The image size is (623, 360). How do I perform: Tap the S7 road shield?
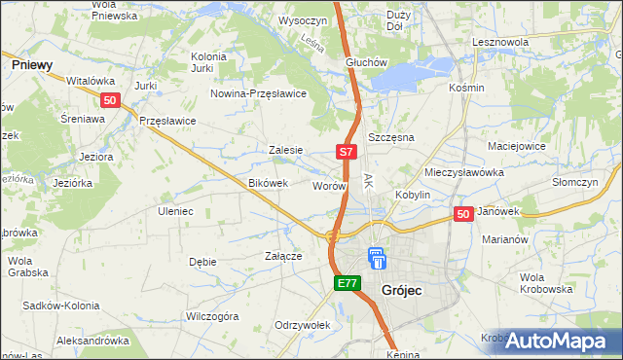click(348, 152)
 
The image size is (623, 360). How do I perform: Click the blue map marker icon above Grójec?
click(377, 259)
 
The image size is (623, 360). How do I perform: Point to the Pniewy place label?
click(32, 63)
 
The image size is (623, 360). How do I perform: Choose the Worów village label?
click(328, 185)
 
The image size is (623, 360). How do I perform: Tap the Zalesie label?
click(286, 150)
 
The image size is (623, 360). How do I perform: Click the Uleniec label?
click(176, 210)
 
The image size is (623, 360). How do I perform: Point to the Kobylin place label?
click(413, 195)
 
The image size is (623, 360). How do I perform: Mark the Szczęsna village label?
click(391, 138)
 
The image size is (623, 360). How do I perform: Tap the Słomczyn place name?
click(573, 182)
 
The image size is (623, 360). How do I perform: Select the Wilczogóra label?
click(212, 316)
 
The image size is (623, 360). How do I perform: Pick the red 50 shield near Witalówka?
click(110, 100)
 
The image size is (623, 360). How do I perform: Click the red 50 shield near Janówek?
click(463, 214)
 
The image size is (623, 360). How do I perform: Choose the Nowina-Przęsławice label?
click(259, 93)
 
